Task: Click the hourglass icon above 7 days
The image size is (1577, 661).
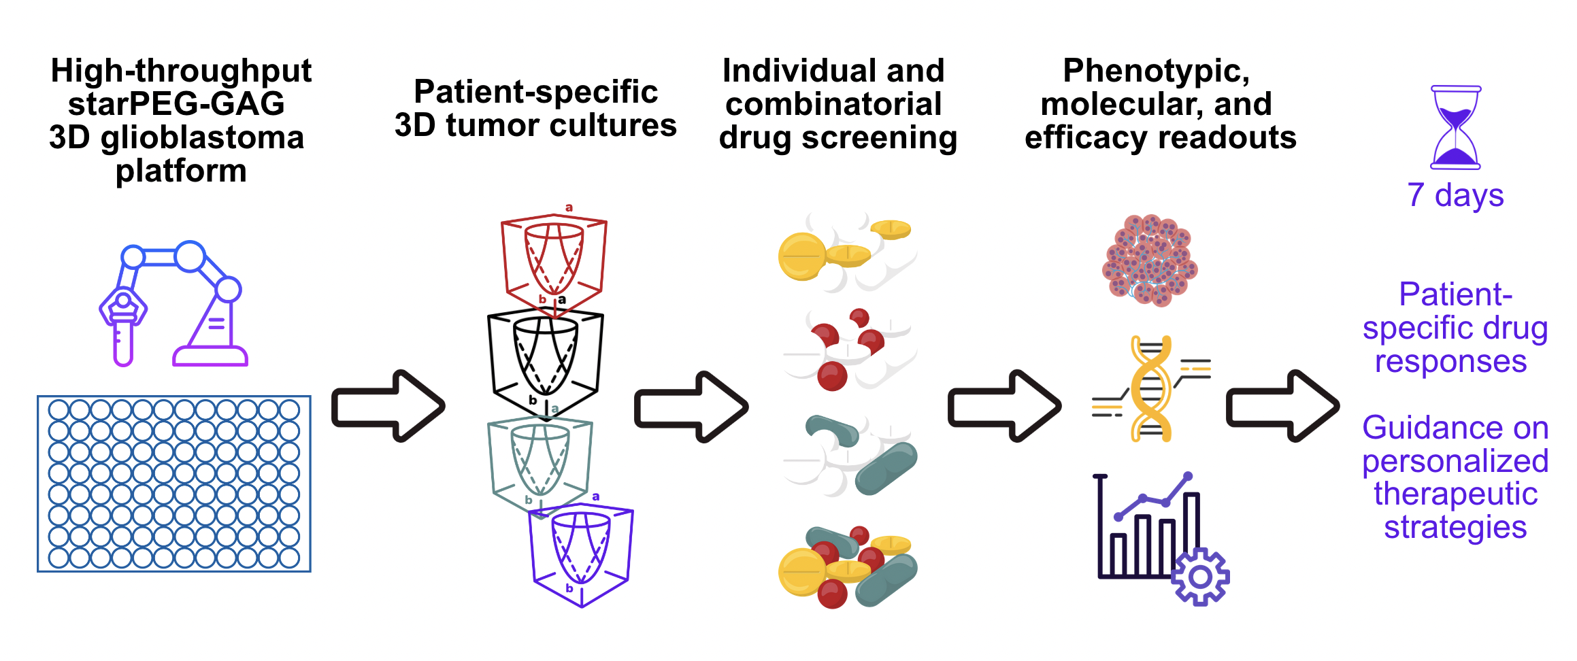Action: coord(1455,128)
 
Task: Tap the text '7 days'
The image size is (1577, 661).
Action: coord(1455,196)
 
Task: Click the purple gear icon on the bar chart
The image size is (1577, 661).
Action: coord(1200,577)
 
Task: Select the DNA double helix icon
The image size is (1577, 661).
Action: coord(1150,389)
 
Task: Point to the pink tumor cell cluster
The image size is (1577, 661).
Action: coord(1150,261)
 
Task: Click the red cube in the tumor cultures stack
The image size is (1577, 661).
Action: coord(554,262)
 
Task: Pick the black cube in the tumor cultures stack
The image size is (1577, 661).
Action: coord(545,360)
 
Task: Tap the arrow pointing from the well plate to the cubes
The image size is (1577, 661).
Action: coord(388,407)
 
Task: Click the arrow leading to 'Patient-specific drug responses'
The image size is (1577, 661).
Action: coord(1282,407)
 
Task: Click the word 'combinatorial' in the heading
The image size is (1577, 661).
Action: coord(833,105)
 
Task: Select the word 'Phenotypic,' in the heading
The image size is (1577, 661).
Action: coord(1156,71)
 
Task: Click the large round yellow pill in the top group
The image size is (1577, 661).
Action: coord(802,256)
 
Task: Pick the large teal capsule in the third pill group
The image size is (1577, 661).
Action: coord(886,468)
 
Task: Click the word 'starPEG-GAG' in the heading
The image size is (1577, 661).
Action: coord(177,105)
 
